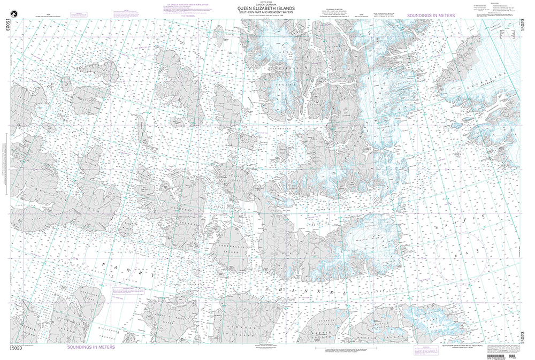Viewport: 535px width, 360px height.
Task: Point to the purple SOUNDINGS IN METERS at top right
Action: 431,16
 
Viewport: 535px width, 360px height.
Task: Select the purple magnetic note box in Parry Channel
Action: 124,289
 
